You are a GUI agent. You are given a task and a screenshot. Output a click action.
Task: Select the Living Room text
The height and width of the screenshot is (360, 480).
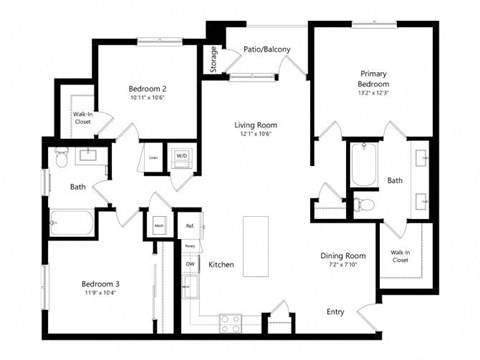point(256,126)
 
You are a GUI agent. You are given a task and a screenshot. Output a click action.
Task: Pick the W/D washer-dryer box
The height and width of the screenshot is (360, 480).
point(182,157)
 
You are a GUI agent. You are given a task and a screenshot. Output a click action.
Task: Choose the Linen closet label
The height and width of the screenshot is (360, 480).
point(153,158)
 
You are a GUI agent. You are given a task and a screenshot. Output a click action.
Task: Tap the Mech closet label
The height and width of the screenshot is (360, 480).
point(158,225)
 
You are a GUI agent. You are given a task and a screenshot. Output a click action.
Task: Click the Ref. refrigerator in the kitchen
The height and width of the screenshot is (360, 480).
point(189,226)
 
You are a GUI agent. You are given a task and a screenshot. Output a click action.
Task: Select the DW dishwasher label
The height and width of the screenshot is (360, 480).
point(189,263)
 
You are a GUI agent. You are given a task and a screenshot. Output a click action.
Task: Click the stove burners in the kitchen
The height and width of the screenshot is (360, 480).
point(231,321)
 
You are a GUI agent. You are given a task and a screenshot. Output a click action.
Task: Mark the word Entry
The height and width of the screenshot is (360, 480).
point(336,312)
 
